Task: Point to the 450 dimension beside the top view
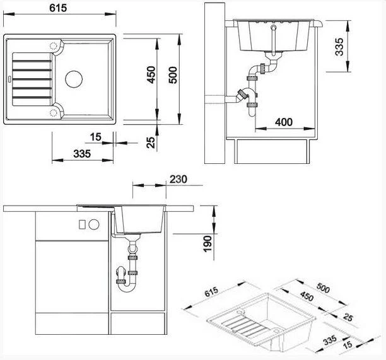151,77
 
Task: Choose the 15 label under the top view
95,136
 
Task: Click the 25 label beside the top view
151,141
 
